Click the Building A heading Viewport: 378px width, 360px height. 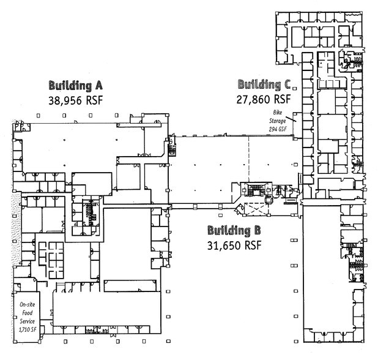pos(76,86)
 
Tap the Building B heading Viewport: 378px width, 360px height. pos(234,230)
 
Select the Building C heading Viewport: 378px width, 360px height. pos(264,84)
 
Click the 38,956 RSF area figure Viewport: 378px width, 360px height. pos(76,100)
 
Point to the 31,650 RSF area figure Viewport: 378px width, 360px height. pos(234,246)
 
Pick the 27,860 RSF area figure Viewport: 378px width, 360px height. pos(264,99)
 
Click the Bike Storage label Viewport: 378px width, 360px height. pos(278,116)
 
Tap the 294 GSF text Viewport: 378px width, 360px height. pos(278,129)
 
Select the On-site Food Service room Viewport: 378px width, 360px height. pos(27,317)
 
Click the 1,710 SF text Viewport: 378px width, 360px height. pos(28,329)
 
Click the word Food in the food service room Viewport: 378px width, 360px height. pos(28,313)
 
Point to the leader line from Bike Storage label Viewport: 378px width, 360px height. pos(291,119)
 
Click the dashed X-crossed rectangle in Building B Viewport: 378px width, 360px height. pos(256,209)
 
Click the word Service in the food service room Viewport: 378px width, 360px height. pos(28,321)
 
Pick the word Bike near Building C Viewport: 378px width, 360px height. pos(278,113)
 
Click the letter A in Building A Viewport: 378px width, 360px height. pos(98,86)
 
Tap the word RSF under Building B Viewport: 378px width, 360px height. pos(253,246)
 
